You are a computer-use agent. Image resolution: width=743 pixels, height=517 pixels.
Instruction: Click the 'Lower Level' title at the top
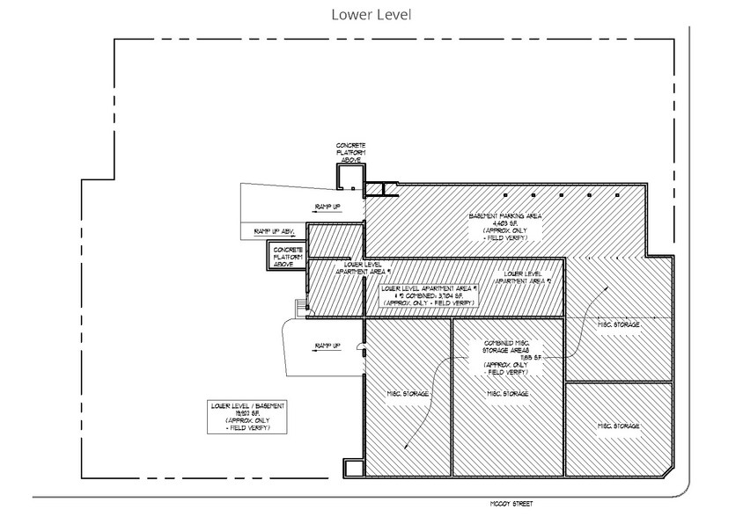371,15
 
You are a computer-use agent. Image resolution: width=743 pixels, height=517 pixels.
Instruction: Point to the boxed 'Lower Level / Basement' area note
249,416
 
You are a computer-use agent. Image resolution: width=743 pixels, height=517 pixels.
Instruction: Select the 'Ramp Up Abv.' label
274,231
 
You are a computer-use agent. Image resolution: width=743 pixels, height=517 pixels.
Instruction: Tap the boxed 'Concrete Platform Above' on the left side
288,257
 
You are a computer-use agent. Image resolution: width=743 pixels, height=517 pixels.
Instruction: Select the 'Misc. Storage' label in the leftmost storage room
408,393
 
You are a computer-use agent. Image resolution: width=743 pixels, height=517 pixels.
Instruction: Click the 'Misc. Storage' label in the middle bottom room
509,393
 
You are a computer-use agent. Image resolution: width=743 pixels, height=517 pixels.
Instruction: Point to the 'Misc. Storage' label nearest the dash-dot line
619,325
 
